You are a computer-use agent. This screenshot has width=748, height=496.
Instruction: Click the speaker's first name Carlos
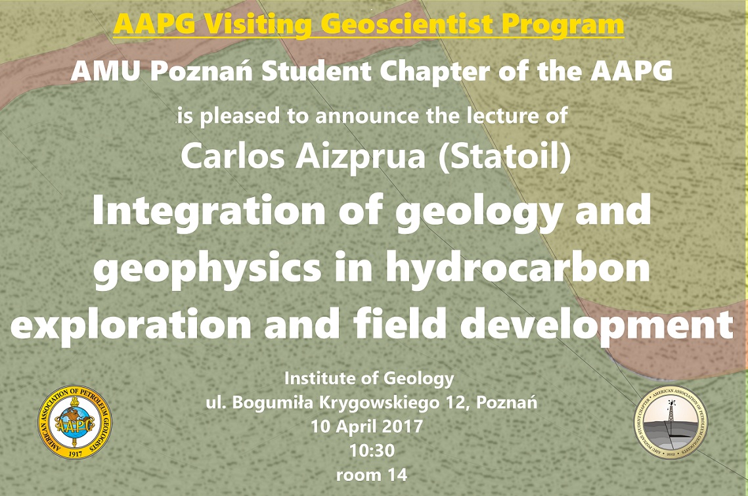pos(232,156)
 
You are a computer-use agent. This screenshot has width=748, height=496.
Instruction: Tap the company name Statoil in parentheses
pos(504,157)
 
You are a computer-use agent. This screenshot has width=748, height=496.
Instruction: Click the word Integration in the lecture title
pos(209,210)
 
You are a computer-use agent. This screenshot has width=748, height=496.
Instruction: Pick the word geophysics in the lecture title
pos(207,268)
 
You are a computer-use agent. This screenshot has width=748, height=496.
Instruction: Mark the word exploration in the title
pos(131,324)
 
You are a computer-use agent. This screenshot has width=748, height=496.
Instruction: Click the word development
pos(597,324)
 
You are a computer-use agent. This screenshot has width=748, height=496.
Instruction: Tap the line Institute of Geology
pos(369,379)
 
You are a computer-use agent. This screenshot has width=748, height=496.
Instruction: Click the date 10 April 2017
pos(367,426)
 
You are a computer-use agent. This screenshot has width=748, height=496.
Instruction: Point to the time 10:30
pos(372,451)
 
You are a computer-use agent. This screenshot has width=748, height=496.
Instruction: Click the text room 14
pos(372,475)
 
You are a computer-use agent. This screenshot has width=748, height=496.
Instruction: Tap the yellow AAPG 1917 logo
pos(75,422)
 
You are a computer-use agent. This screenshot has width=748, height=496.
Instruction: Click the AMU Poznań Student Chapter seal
pos(671,422)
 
